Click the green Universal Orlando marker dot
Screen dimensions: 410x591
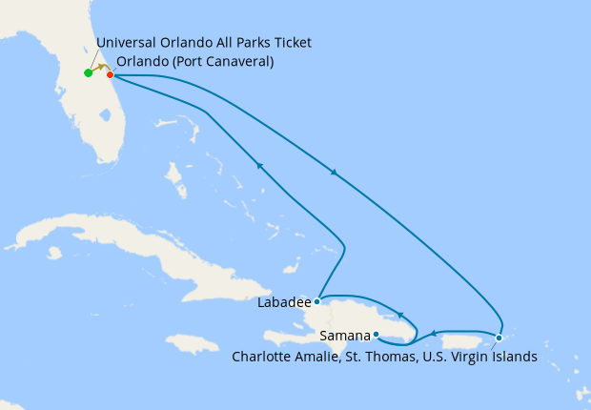coord(88,72)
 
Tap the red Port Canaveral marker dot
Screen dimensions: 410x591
coord(111,74)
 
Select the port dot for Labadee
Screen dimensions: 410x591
coord(317,301)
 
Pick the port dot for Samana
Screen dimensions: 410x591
coord(377,334)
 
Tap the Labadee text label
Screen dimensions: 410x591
coord(284,303)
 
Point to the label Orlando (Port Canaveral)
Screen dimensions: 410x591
coord(195,62)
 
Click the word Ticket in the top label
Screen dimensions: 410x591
coord(292,43)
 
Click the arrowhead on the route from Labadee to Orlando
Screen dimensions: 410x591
coord(258,164)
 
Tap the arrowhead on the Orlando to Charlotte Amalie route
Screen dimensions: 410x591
coord(333,173)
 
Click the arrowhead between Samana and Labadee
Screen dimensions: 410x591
coord(401,315)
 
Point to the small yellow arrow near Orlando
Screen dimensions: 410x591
coord(101,67)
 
